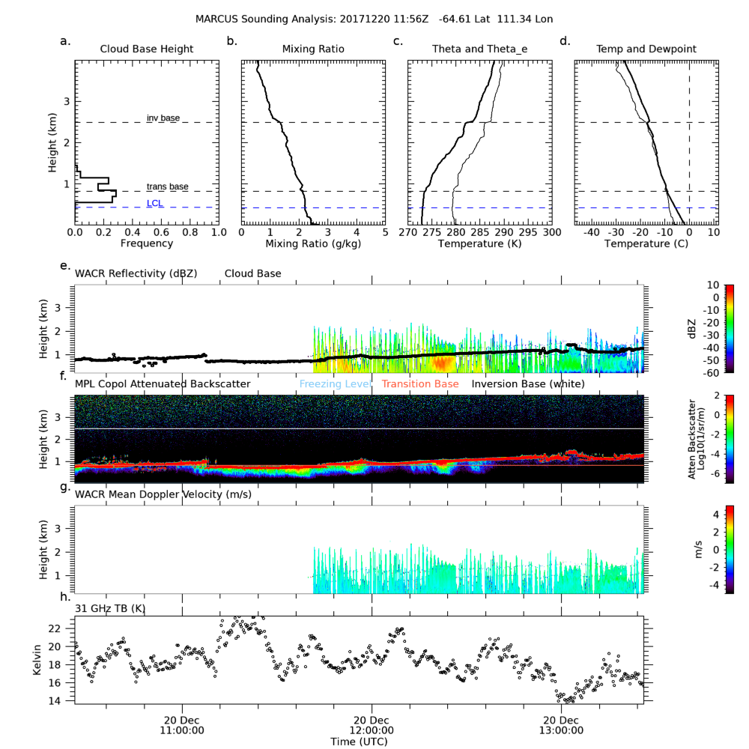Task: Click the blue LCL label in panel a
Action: point(155,203)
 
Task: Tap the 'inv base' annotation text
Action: point(163,118)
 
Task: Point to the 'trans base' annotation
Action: point(167,187)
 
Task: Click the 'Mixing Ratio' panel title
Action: point(313,49)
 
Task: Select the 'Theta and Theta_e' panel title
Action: point(479,49)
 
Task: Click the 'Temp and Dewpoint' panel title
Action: point(646,49)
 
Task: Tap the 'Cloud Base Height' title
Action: point(147,49)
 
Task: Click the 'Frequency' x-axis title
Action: point(147,243)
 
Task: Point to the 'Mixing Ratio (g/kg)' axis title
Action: point(313,243)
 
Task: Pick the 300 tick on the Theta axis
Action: point(551,233)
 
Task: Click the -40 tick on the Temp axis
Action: point(592,233)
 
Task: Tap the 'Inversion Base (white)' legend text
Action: point(528,384)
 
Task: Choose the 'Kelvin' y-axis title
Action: point(37,660)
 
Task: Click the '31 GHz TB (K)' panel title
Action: point(109,607)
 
